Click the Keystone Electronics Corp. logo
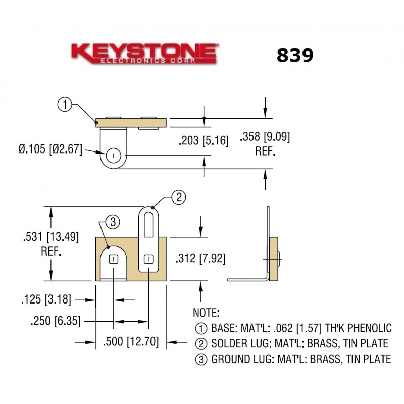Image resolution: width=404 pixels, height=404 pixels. click(144, 54)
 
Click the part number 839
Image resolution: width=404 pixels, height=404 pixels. click(294, 56)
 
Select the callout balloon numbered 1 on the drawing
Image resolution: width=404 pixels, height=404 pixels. click(64, 106)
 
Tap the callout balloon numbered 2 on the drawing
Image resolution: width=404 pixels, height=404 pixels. click(178, 197)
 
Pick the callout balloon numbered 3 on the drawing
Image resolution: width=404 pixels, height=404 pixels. click(113, 221)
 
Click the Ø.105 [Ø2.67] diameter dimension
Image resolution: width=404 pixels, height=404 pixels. click(50, 150)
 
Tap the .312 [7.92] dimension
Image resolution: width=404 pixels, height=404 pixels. click(200, 259)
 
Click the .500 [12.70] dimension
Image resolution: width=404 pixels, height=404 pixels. click(130, 343)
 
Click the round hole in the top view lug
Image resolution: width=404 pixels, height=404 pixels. click(114, 156)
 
